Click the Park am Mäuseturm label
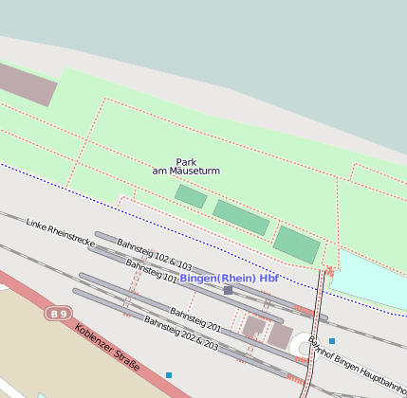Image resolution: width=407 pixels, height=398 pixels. tap(186, 166)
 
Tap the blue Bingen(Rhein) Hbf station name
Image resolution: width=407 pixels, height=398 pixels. tap(230, 278)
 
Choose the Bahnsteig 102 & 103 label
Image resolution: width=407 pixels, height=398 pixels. tap(155, 255)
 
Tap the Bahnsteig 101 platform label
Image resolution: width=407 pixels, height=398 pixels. tap(151, 273)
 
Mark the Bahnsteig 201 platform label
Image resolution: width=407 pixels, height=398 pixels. tap(195, 318)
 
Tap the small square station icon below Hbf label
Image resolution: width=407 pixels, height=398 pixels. tap(228, 290)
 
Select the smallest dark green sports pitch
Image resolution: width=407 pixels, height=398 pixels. tap(190, 196)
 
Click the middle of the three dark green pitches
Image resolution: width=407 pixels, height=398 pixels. tap(241, 217)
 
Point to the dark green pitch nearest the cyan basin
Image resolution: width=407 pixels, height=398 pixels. tap(297, 244)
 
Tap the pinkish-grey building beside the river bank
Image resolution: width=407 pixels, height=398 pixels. tap(27, 84)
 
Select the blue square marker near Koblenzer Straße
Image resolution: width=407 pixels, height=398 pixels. tap(169, 375)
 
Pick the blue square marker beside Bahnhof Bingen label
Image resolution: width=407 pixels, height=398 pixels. tap(332, 340)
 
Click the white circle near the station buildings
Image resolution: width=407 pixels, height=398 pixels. tap(305, 348)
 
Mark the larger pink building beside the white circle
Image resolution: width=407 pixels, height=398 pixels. tap(280, 335)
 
